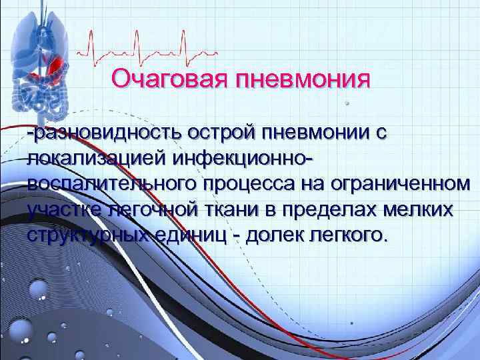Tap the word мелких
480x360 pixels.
pyautogui.click(x=420, y=210)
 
